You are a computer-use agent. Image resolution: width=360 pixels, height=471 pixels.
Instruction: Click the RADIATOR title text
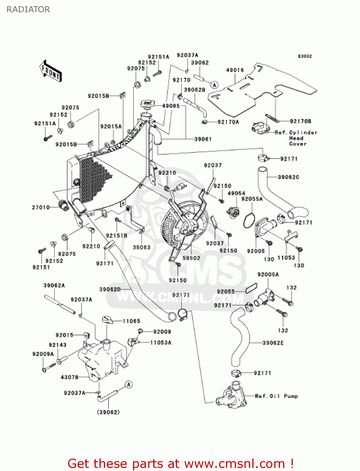point(28,9)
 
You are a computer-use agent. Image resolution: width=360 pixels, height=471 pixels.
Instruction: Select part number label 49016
point(235,70)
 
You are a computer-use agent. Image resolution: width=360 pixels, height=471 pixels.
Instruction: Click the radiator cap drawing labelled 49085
point(148,104)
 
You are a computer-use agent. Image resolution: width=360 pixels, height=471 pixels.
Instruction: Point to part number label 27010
point(41,207)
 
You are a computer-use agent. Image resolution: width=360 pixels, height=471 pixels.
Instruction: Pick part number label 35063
point(142,247)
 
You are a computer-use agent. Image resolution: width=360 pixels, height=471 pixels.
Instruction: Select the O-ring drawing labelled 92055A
point(249,220)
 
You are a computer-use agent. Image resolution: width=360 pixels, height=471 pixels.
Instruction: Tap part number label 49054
point(236,193)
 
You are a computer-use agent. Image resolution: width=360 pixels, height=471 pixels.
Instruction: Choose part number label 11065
point(131,321)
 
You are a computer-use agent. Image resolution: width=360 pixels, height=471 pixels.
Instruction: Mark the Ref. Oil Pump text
point(276,396)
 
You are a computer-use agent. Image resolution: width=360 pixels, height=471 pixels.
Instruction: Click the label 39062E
point(273,343)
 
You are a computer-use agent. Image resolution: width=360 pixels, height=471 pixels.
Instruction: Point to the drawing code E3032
point(305,56)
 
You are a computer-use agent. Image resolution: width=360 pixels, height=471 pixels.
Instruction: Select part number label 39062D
point(110,289)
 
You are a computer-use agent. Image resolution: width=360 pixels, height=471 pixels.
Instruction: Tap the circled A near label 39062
point(214,85)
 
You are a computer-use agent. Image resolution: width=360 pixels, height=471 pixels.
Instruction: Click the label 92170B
point(300,121)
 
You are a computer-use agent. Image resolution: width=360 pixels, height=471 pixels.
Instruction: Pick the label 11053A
point(161,343)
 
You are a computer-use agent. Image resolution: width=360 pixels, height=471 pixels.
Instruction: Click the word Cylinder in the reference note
point(303,133)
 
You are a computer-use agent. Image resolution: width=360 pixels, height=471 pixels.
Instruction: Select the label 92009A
point(43,354)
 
